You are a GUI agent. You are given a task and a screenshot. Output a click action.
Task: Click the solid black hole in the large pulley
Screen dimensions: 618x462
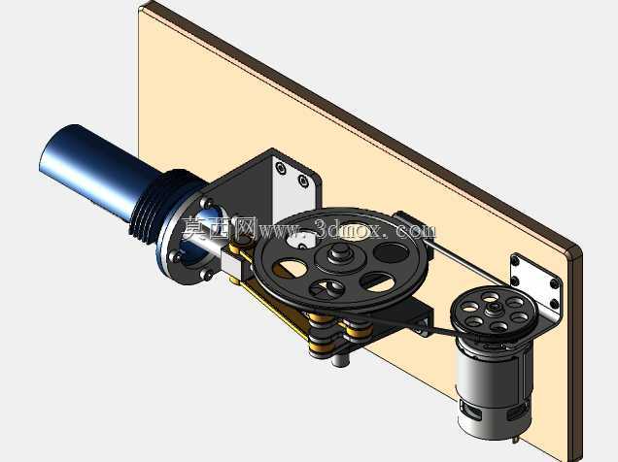coord(391,252)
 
